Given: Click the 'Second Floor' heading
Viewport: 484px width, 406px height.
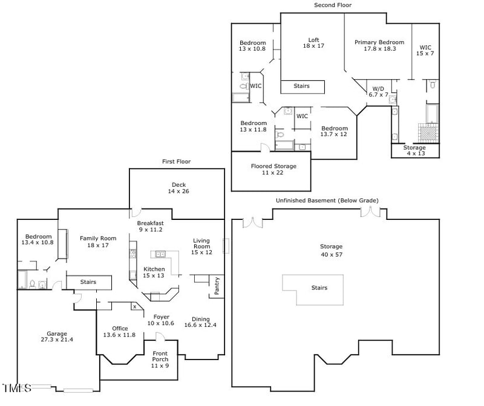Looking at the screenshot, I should [x=332, y=5].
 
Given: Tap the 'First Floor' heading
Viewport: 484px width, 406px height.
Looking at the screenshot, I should [x=176, y=162].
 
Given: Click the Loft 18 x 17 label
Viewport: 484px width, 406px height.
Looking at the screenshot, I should [x=313, y=43].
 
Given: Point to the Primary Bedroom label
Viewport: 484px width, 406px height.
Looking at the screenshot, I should [x=379, y=45].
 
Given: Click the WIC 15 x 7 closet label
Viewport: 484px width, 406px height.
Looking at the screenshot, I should [x=426, y=50].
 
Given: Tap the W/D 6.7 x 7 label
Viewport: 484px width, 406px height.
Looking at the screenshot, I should [x=379, y=92].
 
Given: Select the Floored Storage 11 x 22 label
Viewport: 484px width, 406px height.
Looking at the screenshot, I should [x=273, y=170].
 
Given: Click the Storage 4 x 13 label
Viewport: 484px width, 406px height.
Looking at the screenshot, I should [x=414, y=150].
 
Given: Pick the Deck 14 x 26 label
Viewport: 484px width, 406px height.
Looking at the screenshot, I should [x=178, y=188].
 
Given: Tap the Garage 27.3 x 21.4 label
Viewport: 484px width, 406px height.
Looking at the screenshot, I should [x=57, y=337].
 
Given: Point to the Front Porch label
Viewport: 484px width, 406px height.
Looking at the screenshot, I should [x=160, y=356].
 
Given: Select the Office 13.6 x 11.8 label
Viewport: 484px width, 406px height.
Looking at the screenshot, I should [x=120, y=332].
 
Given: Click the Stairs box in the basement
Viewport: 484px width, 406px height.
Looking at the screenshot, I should [x=319, y=288].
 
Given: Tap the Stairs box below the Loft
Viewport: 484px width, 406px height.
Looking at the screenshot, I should [x=302, y=86].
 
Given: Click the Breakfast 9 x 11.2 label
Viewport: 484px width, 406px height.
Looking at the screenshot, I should [x=149, y=227].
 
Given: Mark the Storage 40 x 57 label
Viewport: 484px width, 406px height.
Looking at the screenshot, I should [x=331, y=250].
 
